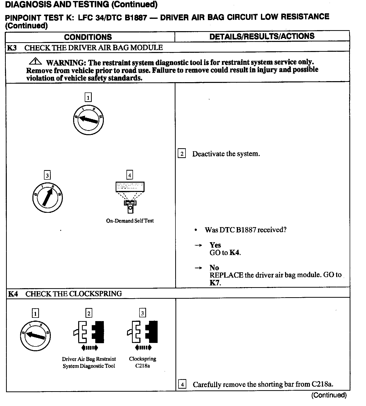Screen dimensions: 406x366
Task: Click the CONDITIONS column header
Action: click(88, 37)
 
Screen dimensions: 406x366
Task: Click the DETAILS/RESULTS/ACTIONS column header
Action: click(262, 36)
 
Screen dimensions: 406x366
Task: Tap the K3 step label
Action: click(12, 48)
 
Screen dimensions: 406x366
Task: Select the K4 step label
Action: click(13, 294)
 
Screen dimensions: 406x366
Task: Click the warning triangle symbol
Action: click(36, 61)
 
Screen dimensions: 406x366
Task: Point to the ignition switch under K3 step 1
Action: click(88, 120)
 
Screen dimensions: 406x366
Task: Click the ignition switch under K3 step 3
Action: click(48, 197)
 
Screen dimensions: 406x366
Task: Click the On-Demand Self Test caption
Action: click(130, 221)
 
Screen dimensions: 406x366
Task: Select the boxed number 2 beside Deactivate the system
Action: click(182, 154)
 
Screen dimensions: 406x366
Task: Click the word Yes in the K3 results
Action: click(215, 245)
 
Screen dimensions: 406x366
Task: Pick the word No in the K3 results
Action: click(214, 268)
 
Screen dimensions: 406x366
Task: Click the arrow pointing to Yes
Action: click(198, 245)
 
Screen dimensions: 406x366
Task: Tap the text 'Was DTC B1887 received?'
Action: click(245, 230)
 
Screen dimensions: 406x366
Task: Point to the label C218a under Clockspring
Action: click(143, 366)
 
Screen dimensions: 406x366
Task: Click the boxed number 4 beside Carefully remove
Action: click(182, 384)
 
